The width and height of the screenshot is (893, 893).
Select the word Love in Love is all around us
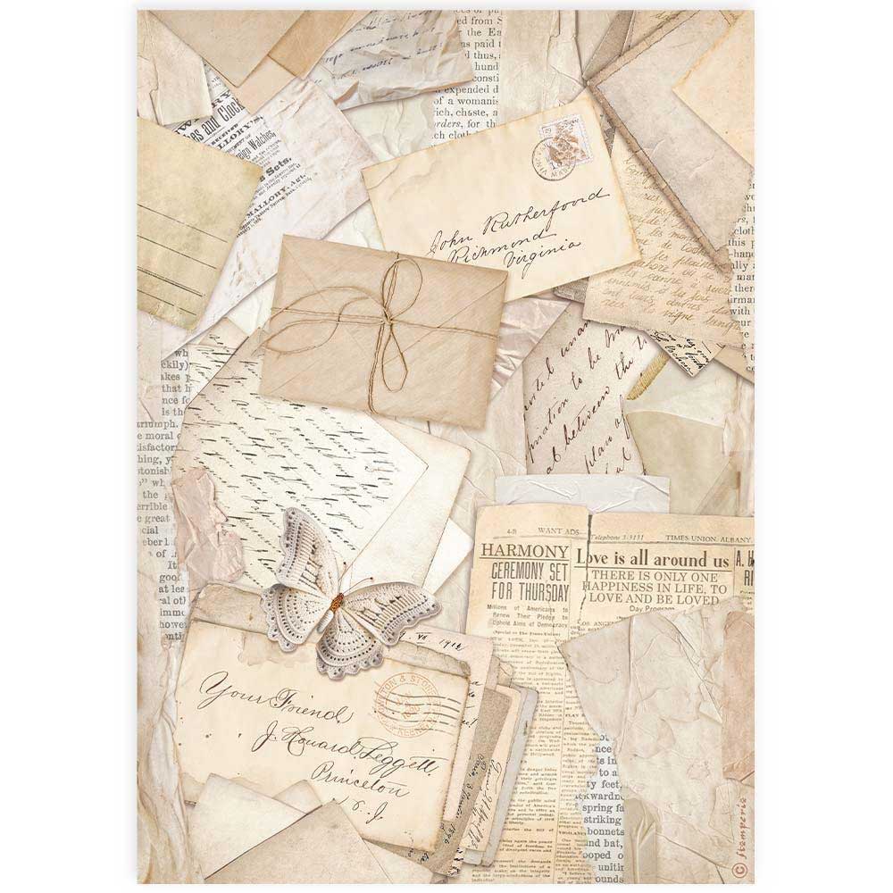(x=596, y=560)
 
